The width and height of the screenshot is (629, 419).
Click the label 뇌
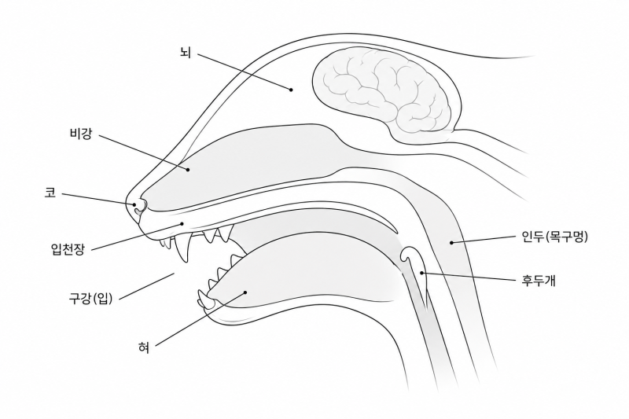186,53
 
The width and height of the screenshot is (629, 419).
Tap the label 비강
81,134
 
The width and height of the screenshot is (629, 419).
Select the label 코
50,193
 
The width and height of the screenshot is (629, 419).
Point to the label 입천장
68,249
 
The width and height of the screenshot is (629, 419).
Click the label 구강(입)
90,298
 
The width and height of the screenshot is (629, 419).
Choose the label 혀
144,347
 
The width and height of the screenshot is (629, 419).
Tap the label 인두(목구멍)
554,237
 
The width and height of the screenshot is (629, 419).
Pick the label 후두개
539,281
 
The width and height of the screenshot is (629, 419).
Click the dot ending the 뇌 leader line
292,90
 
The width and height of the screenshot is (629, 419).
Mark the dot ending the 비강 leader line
188,170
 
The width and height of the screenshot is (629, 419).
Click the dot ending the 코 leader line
134,204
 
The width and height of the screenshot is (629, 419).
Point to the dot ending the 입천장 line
182,224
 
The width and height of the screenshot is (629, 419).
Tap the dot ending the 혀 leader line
245,292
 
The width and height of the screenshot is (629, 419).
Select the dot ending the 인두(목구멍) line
451,243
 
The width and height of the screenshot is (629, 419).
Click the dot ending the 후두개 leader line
422,273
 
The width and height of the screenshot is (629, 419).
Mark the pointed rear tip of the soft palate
396,232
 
